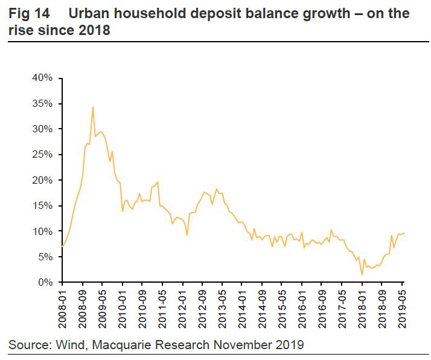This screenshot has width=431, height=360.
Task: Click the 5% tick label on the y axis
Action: click(x=47, y=257)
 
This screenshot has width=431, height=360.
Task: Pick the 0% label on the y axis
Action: click(x=47, y=283)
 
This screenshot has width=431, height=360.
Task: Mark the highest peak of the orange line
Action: click(x=92, y=107)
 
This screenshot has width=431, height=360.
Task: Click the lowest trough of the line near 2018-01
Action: click(x=362, y=275)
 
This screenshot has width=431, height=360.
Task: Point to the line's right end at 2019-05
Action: click(x=404, y=233)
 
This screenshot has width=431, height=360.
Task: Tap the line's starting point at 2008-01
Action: click(x=62, y=246)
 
